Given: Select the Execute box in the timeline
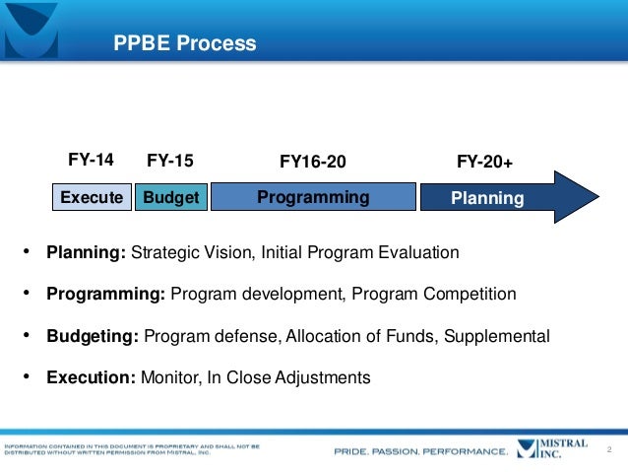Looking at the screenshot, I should (92, 198).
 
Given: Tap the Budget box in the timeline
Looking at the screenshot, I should (170, 198).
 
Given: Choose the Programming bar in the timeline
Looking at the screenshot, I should (313, 198).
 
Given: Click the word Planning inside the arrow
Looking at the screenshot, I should (486, 199).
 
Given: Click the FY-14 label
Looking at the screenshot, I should (91, 160).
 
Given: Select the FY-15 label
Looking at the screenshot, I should (169, 161).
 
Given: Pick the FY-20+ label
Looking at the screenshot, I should (485, 161).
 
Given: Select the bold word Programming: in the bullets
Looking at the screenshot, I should (106, 295).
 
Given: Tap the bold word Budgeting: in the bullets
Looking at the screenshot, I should (93, 336).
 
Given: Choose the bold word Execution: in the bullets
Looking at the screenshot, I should (92, 377).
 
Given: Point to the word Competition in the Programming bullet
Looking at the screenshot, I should (469, 295).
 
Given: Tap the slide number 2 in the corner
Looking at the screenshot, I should (610, 450).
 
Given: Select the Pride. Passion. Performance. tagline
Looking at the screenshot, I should (421, 452).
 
